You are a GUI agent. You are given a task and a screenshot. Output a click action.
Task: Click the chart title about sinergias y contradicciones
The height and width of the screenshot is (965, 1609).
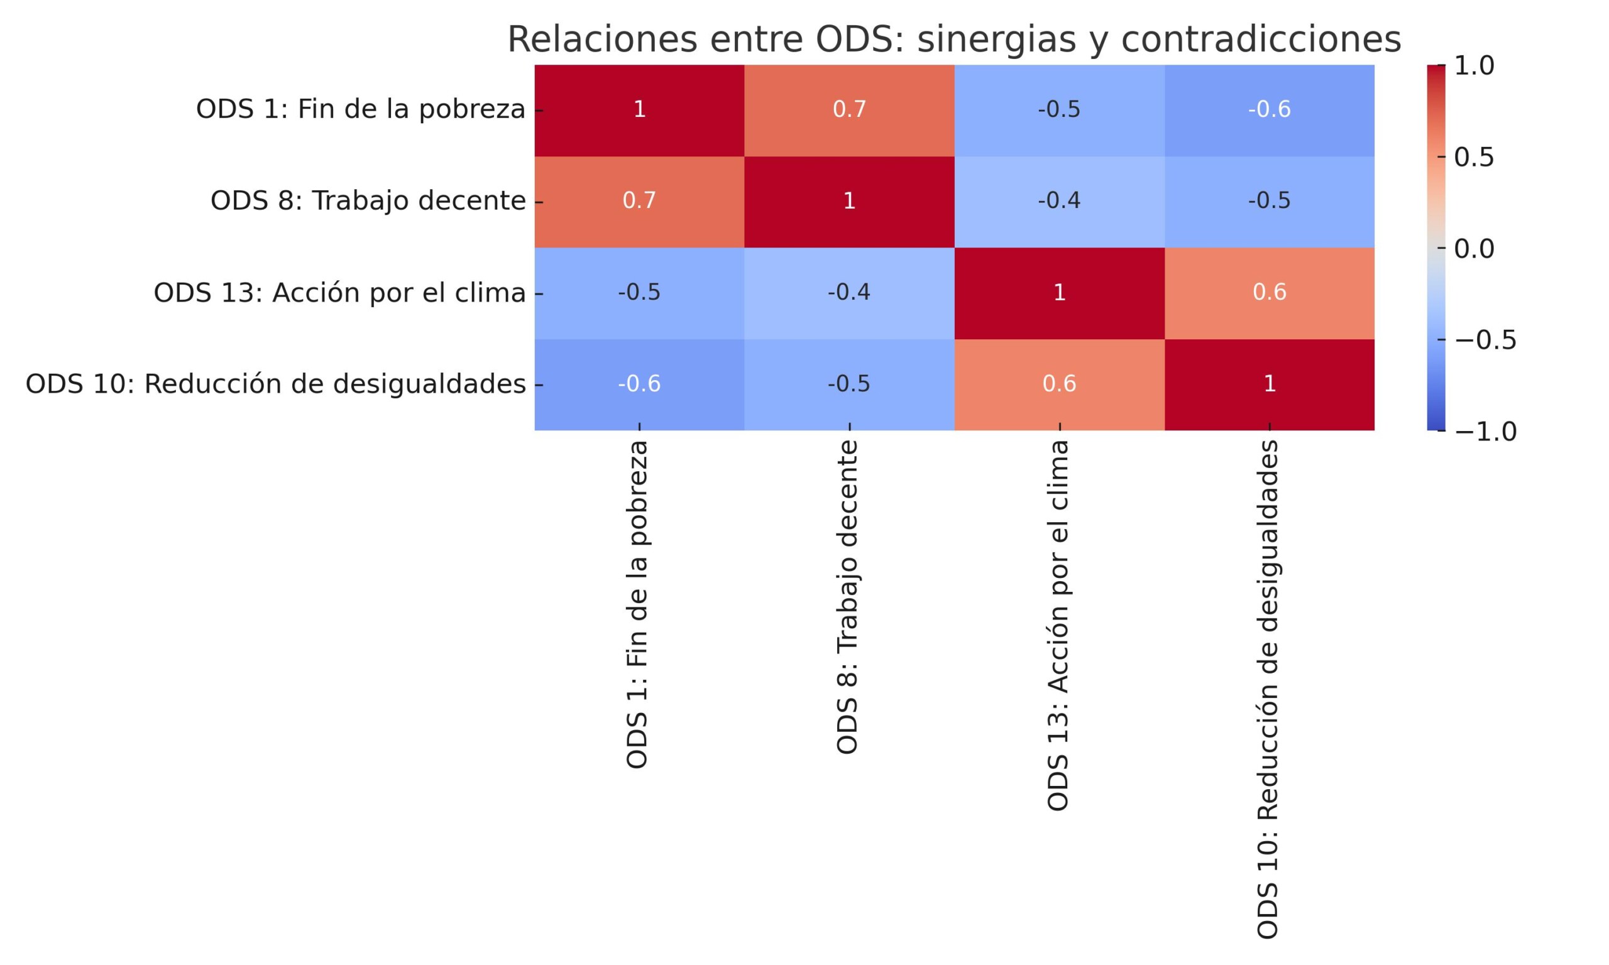click(953, 39)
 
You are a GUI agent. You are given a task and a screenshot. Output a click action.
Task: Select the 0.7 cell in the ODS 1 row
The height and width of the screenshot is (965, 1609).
click(848, 109)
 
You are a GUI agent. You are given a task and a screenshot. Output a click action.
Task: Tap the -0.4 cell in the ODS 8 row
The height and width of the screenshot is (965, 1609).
click(1059, 201)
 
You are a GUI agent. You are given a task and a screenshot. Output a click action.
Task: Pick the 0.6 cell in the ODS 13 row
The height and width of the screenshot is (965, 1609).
click(1269, 293)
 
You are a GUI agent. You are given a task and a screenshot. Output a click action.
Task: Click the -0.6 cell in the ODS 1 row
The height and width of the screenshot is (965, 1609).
click(1269, 109)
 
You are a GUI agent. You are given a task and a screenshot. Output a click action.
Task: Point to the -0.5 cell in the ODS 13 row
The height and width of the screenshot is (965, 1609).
click(639, 293)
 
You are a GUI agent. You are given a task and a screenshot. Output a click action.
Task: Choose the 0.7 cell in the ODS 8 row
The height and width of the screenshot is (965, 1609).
click(639, 201)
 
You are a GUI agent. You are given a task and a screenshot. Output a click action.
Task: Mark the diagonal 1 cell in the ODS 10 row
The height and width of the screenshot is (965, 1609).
click(1269, 384)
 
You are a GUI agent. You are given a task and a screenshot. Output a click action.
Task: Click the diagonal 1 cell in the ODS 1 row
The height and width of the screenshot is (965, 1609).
click(639, 109)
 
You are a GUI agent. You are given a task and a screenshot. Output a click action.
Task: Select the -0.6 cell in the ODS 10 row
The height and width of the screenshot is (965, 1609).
click(639, 384)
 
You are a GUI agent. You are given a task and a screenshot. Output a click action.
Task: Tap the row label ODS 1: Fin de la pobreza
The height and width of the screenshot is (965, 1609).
click(360, 109)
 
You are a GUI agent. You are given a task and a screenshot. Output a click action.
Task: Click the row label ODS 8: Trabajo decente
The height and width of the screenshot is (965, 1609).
click(368, 201)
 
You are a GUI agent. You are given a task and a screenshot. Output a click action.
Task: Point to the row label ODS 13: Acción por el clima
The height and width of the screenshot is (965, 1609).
click(339, 293)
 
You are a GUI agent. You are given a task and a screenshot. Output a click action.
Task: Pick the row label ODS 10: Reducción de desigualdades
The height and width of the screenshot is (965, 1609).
click(275, 384)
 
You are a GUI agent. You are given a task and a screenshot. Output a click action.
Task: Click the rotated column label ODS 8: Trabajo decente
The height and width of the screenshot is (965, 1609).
click(847, 597)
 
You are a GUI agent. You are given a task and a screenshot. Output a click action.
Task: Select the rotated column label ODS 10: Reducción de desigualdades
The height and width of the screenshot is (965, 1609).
click(1268, 689)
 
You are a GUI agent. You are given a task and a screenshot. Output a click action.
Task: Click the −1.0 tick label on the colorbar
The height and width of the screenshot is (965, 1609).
click(1485, 432)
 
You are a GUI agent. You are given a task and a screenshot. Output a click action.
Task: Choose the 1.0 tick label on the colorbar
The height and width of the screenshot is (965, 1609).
click(1474, 66)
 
